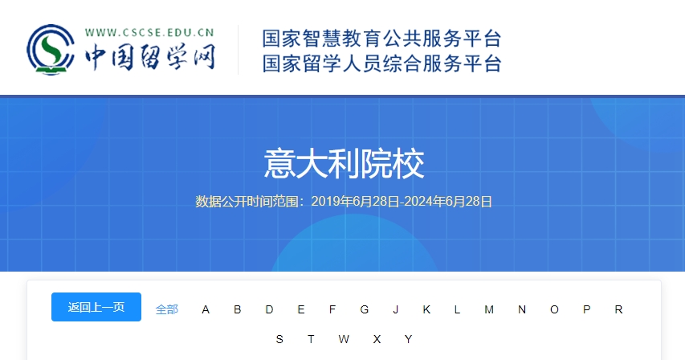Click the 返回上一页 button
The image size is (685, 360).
tap(96, 307)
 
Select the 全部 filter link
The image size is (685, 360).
tap(167, 309)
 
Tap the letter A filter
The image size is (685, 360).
tap(206, 309)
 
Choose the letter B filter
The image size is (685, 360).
tap(237, 309)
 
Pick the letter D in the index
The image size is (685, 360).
tap(269, 309)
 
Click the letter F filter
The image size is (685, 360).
tap(332, 309)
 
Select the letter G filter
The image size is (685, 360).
tap(365, 309)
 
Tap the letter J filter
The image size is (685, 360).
tap(396, 309)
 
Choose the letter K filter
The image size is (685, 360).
tap(426, 309)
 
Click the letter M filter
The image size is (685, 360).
tap(489, 309)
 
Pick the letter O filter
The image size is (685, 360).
tap(554, 309)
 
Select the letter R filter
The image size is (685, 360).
tap(618, 309)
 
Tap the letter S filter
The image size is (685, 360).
tap(279, 339)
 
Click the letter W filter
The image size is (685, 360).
tap(344, 339)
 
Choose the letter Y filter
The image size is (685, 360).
tap(409, 339)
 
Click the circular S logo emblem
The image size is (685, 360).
tap(51, 49)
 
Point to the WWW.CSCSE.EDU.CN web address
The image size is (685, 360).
tap(149, 33)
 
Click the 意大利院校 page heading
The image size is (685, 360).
tap(344, 164)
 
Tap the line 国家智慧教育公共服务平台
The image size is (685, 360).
tap(381, 39)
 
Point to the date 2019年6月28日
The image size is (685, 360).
tap(355, 202)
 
